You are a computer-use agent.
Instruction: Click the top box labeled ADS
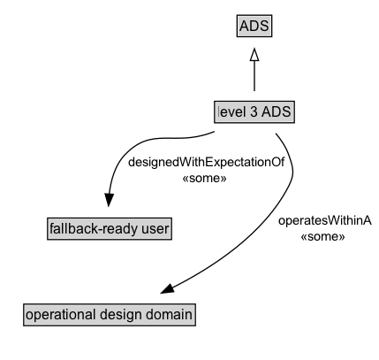[254, 27]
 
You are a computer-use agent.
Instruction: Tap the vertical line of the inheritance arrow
[254, 78]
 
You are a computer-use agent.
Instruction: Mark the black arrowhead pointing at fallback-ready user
[110, 200]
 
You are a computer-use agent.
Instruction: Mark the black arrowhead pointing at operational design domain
[170, 290]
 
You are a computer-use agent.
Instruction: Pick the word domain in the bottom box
[167, 315]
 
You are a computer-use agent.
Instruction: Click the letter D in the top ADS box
[254, 27]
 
